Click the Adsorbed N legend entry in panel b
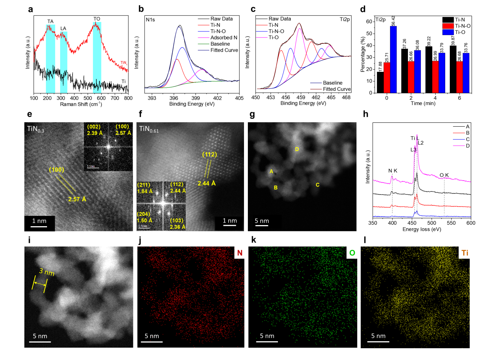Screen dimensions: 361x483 [224, 38]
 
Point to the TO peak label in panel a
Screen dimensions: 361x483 [97, 19]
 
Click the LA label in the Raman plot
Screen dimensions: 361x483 [63, 28]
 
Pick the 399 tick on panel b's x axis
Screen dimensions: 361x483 [196, 98]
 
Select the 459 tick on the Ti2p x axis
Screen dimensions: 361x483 [301, 97]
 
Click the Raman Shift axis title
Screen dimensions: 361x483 [81, 104]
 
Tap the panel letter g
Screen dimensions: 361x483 [252, 114]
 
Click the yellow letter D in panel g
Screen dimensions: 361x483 [297, 149]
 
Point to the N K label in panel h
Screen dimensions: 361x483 [393, 171]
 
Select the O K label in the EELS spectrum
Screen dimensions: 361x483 [444, 175]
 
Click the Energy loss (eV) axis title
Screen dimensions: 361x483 [422, 229]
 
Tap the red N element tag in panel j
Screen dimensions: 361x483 [240, 253]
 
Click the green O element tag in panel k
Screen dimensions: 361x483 [352, 253]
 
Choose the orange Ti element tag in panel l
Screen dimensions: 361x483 [465, 253]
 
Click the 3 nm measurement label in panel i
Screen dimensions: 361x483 [47, 272]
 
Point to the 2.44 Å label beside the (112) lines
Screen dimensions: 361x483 [206, 183]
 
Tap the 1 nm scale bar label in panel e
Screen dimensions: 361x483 [39, 221]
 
